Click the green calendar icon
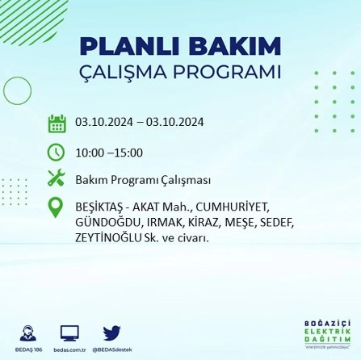point(57,123)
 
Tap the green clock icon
point(57,152)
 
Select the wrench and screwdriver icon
point(57,178)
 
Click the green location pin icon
point(57,207)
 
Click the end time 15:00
point(129,153)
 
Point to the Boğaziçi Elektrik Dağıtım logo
point(321,333)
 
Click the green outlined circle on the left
point(17,91)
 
